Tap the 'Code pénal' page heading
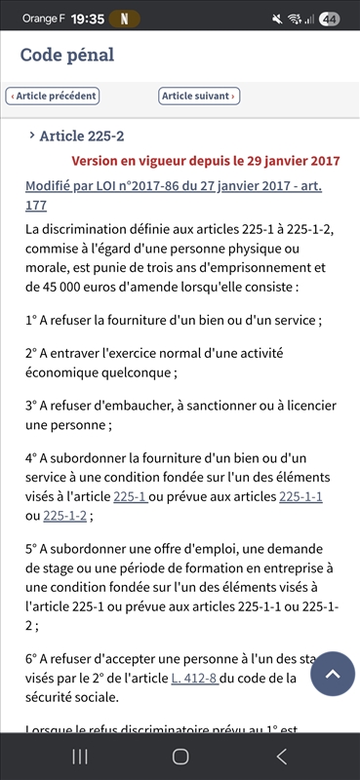pos(67,56)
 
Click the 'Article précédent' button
pos(53,96)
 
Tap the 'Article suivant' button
pos(198,96)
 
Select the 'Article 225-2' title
pos(81,136)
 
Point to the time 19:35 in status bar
pos(88,19)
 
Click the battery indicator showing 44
pos(329,19)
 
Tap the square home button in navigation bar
pos(180,757)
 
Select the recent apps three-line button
pos(80,757)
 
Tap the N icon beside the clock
pos(125,19)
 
